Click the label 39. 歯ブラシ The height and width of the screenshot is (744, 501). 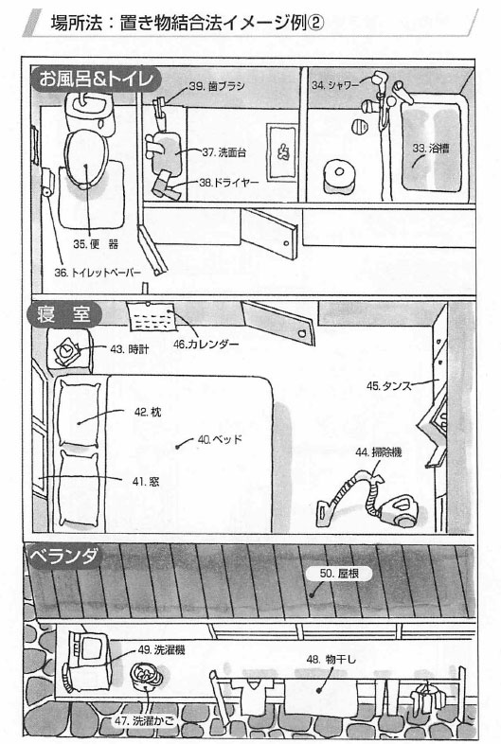point(217,86)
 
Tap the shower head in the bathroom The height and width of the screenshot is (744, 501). point(380,77)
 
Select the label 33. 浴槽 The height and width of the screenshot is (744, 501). point(431,148)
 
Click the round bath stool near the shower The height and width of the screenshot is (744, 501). point(340,176)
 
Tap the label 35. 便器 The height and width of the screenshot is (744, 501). point(96,244)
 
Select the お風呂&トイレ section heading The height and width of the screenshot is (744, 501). point(97,79)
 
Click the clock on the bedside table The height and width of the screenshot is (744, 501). point(65,351)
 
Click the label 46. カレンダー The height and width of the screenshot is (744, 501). point(206,344)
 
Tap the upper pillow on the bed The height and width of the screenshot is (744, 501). point(79,413)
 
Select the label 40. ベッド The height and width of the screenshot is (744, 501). point(220,439)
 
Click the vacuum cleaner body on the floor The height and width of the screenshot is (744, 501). point(400,510)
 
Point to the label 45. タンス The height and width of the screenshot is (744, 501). point(388,386)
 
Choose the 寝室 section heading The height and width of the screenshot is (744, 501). point(64,314)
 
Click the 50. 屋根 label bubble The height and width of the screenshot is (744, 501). point(339,574)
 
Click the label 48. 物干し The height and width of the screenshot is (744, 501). point(331,659)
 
